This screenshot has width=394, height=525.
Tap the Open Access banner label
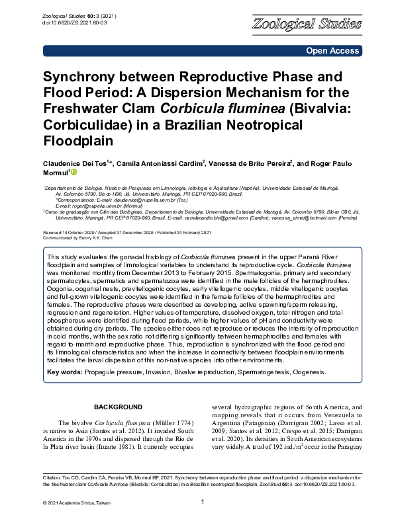[332, 51]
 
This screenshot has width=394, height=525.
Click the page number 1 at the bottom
[202, 503]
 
